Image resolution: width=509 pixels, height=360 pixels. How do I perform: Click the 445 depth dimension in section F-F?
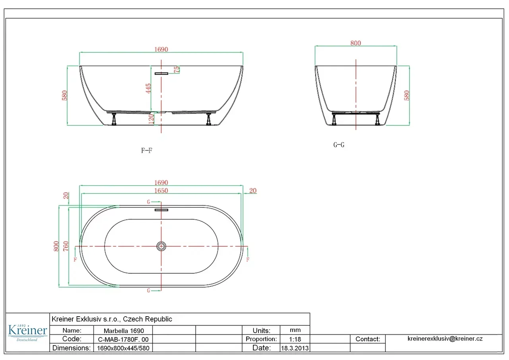(x=148, y=88)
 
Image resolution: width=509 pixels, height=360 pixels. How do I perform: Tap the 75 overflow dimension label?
(x=177, y=70)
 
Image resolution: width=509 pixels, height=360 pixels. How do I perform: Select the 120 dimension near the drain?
(x=151, y=119)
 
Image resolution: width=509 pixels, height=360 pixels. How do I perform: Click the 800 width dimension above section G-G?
(x=356, y=43)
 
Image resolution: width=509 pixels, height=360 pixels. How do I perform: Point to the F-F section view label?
(x=147, y=150)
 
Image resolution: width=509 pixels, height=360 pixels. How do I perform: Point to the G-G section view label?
(x=338, y=145)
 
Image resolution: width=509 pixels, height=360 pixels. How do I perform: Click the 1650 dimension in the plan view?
(x=161, y=191)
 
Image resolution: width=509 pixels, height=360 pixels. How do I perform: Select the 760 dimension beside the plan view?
(x=66, y=246)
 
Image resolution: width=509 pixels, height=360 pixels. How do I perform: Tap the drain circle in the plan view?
(x=161, y=246)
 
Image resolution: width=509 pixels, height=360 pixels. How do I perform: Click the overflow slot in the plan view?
(x=161, y=210)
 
